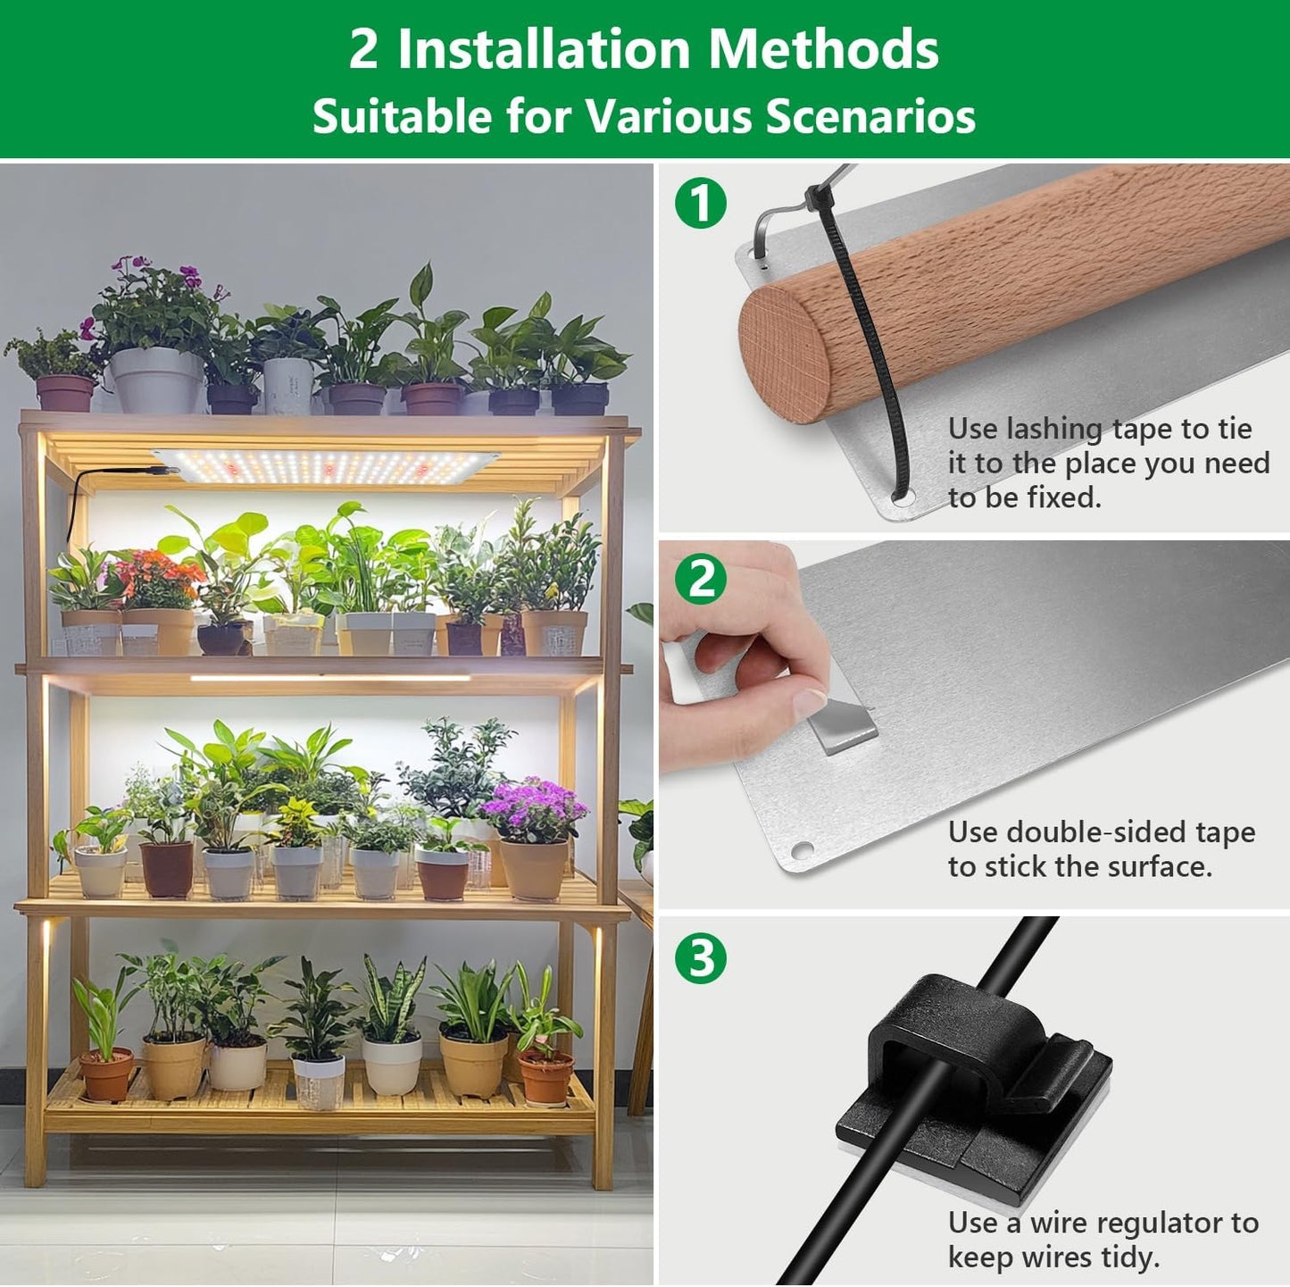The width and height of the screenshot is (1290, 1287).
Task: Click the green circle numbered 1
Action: [701, 203]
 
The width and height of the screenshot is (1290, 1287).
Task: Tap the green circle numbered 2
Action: [701, 580]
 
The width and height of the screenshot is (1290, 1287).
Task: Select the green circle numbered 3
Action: [701, 958]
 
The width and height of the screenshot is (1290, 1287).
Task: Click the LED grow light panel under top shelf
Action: [326, 465]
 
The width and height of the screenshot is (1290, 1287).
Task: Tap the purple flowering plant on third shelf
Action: [533, 808]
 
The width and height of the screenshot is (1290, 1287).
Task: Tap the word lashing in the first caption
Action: [1054, 430]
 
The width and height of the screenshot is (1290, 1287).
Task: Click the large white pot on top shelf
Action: [157, 379]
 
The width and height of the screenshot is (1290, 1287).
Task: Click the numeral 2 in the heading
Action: [362, 49]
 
